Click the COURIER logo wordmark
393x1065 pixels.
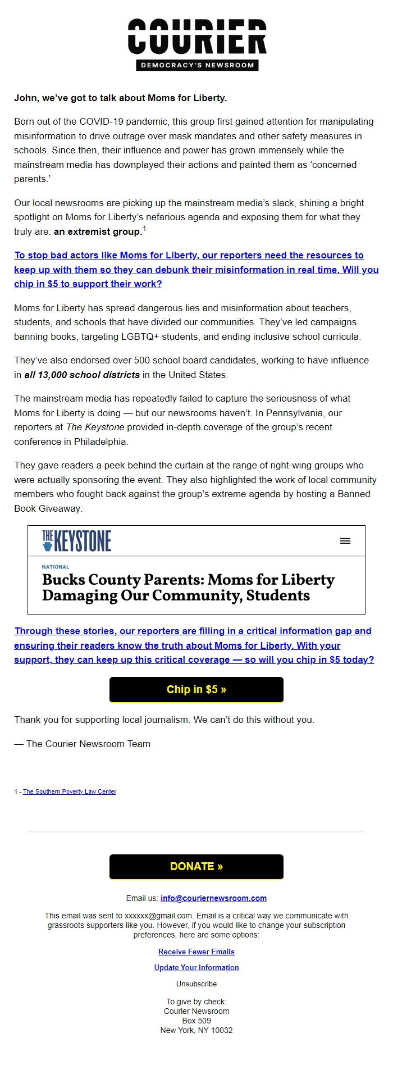pos(196,37)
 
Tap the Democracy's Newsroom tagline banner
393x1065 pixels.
pos(196,65)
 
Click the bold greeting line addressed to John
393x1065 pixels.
pos(120,98)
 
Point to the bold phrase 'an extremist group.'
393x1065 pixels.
pos(98,231)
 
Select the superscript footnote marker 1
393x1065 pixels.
pos(144,229)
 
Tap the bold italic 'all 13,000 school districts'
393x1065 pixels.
pos(82,375)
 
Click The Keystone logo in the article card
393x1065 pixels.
pos(76,540)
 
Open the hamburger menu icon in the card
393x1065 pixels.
pos(345,541)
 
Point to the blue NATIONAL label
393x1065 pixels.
pos(56,567)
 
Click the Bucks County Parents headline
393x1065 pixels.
pos(188,587)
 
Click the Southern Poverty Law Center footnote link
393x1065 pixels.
pos(70,791)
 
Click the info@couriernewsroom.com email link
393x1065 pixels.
pos(213,898)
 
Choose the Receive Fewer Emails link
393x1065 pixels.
pos(196,952)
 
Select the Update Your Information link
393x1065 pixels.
pos(196,967)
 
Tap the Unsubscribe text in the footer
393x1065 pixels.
pos(196,984)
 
